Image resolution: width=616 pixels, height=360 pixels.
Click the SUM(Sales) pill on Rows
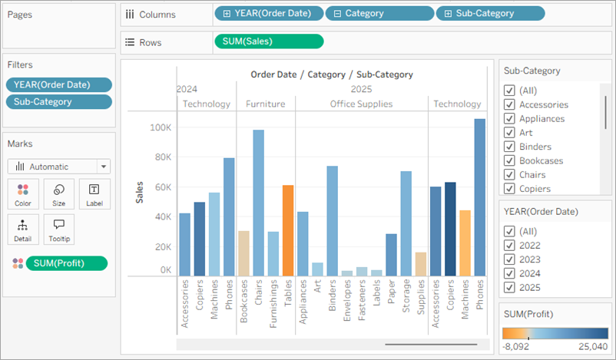pos(268,41)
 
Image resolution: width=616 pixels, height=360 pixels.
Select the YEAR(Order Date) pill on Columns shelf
pos(267,14)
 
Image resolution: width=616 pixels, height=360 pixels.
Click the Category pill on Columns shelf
pos(378,14)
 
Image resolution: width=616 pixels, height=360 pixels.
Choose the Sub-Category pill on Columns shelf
pos(490,14)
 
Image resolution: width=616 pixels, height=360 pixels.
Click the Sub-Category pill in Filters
pos(58,101)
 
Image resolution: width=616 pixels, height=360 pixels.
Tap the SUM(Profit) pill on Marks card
pos(66,263)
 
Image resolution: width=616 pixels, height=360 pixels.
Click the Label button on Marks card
pos(94,194)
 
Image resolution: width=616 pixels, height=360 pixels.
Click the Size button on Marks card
pos(58,194)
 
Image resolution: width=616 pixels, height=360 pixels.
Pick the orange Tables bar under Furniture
pos(288,230)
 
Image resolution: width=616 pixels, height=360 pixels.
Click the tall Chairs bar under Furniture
pos(258,203)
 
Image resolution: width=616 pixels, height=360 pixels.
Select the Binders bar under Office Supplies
pos(332,220)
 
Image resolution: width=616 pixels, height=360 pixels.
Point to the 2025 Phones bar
pos(479,197)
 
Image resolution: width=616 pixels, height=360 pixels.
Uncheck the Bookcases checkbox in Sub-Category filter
pos(509,160)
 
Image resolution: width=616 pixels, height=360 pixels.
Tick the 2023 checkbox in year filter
pos(509,259)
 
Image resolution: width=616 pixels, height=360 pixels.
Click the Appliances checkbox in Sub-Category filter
pos(509,118)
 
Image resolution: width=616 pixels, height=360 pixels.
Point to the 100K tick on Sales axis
pos(160,127)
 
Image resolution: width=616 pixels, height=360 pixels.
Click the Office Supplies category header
pos(361,104)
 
